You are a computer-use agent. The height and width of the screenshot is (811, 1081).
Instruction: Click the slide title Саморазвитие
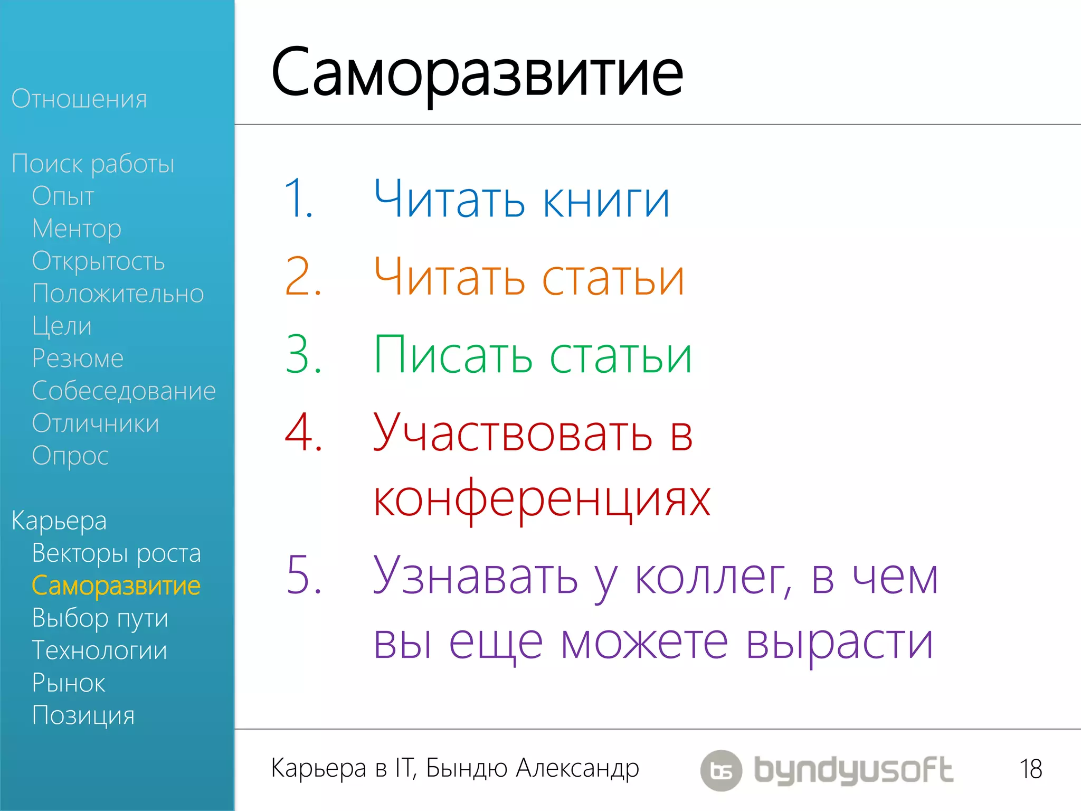(477, 74)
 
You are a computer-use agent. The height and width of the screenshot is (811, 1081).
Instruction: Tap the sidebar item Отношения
(79, 99)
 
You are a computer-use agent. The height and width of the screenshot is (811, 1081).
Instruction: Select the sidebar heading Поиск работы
(93, 164)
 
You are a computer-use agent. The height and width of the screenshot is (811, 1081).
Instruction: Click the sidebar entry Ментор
(77, 229)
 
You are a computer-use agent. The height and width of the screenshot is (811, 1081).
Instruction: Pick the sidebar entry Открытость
(98, 261)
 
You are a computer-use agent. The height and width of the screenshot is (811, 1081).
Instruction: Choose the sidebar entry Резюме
(78, 359)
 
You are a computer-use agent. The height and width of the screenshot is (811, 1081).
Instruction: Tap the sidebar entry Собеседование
(124, 391)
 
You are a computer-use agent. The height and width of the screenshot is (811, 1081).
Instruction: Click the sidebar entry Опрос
(70, 456)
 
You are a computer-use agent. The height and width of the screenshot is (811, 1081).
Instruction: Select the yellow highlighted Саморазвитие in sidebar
(116, 586)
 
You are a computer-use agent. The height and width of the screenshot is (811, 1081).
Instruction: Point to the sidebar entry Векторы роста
(116, 553)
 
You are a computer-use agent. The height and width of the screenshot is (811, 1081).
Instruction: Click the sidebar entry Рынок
(69, 683)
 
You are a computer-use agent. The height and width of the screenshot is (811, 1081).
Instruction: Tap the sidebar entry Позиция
(83, 715)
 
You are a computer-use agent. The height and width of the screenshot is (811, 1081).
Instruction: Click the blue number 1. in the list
(299, 199)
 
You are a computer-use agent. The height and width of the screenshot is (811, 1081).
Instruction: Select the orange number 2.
(302, 277)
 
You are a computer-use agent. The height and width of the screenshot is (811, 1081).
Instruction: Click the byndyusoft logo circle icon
(721, 770)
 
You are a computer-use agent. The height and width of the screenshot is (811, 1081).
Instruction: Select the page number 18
(1030, 769)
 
